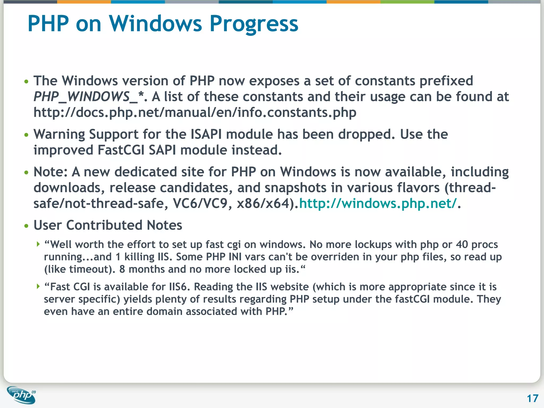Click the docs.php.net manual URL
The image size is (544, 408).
[195, 112]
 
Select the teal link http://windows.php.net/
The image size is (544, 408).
[378, 203]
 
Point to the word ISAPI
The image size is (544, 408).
[206, 134]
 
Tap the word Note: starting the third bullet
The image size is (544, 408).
[50, 172]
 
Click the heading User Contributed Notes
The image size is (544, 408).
[108, 225]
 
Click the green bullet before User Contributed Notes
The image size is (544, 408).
[26, 226]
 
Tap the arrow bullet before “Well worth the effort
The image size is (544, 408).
[38, 244]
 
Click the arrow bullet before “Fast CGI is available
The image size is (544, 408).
[38, 286]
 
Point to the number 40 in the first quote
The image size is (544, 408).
[462, 244]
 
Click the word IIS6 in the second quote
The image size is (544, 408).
[179, 287]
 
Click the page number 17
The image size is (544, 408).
[532, 398]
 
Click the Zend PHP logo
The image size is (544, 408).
[21, 395]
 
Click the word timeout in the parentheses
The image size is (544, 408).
[90, 269]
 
